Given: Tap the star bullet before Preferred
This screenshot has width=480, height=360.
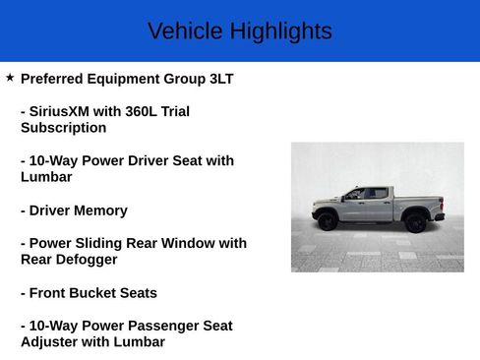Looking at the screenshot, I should click(x=10, y=77).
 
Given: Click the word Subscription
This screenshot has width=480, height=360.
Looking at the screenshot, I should click(x=63, y=128).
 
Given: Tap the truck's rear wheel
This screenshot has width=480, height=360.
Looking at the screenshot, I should click(x=415, y=222).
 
